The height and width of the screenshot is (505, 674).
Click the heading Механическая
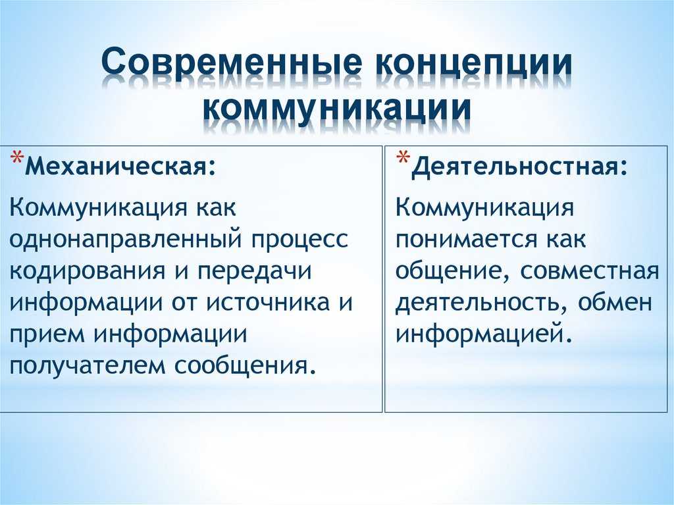[x=120, y=165]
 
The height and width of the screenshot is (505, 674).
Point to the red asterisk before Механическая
[x=16, y=158]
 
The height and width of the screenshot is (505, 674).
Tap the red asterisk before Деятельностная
[x=403, y=158]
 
